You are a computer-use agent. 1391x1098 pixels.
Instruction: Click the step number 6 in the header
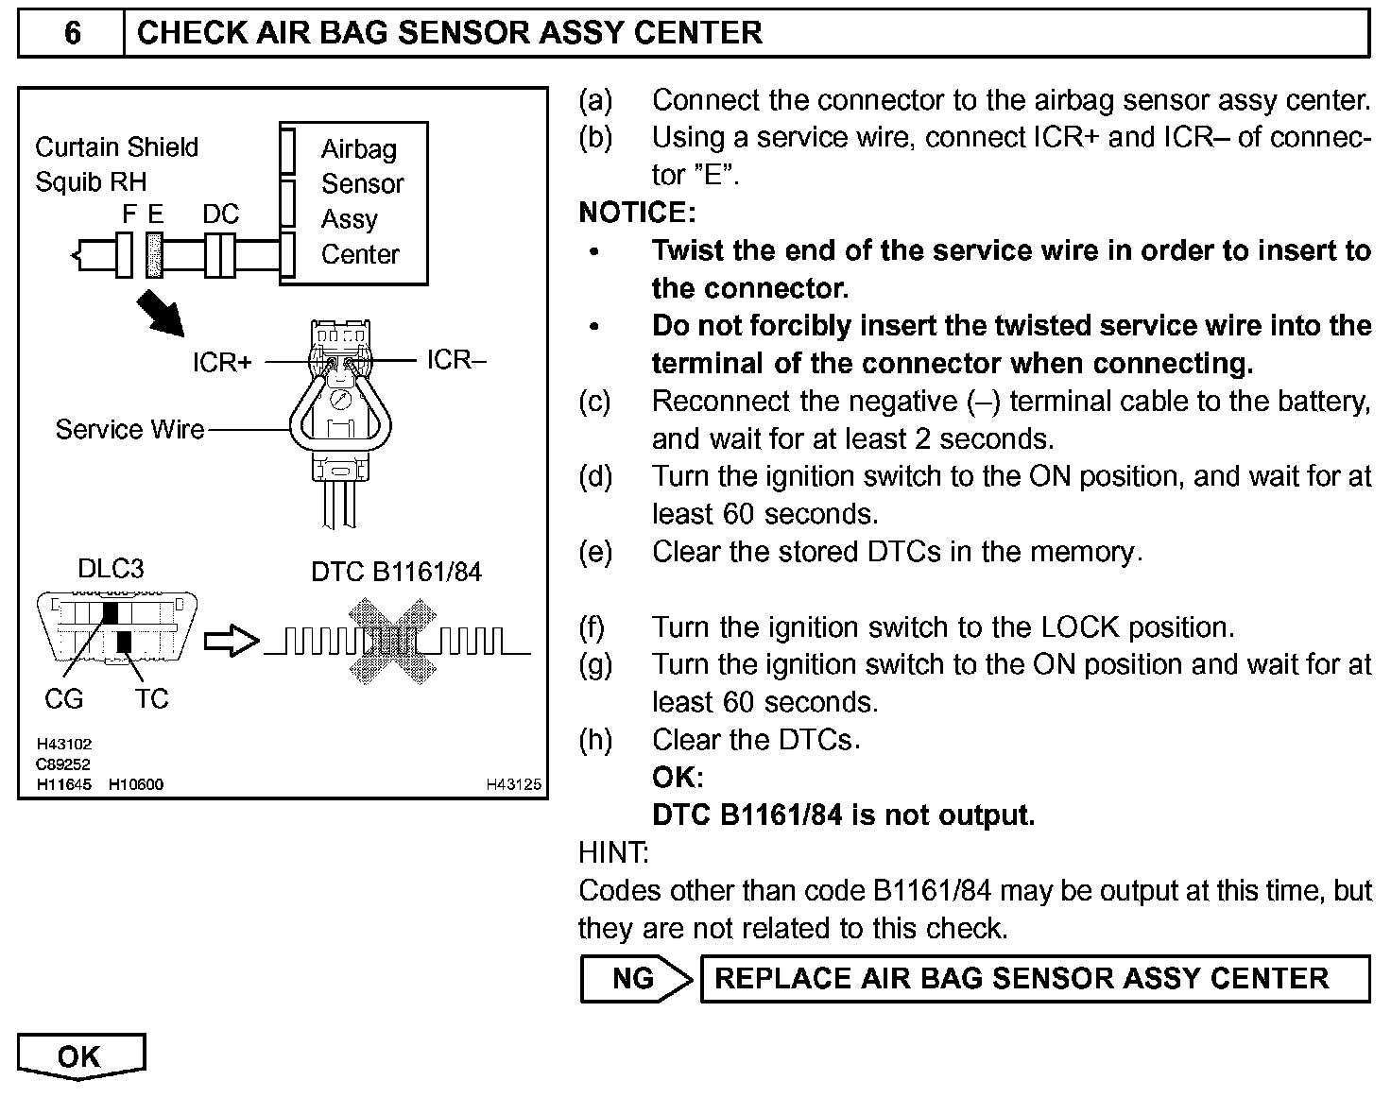tap(72, 33)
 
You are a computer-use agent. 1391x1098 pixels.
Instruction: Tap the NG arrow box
tap(635, 978)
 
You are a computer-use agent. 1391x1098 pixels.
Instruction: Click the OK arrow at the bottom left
tap(80, 1056)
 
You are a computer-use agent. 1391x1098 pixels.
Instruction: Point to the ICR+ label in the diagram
tap(222, 362)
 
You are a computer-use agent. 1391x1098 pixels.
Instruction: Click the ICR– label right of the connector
tap(455, 360)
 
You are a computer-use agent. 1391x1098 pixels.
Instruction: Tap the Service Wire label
tap(129, 430)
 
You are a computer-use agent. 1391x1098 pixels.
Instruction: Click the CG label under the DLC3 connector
tap(63, 699)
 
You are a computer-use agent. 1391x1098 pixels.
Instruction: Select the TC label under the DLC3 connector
tap(151, 699)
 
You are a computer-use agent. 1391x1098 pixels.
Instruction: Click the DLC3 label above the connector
tap(111, 569)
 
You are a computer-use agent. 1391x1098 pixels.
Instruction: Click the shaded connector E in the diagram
tap(155, 255)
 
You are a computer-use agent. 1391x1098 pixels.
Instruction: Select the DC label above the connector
tap(221, 214)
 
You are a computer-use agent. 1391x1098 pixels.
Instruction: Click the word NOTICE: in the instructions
tap(637, 213)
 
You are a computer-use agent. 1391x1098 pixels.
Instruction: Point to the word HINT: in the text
tap(613, 853)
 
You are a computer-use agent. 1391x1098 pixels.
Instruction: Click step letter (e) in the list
tap(595, 552)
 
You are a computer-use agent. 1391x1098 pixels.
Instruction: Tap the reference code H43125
tap(514, 784)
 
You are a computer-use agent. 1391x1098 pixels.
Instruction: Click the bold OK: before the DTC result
tap(678, 778)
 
